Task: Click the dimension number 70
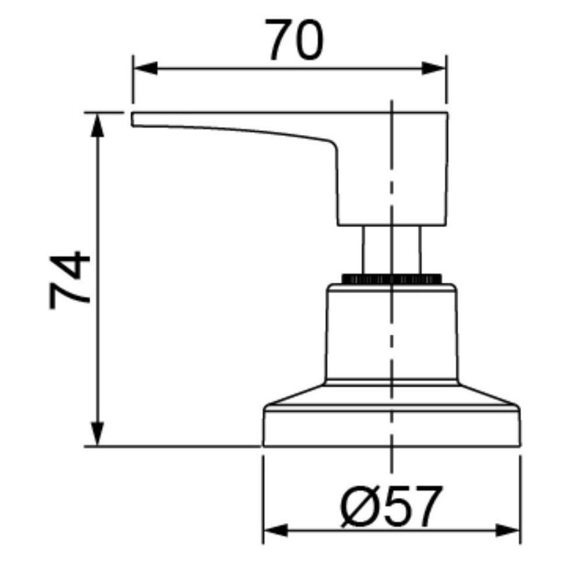coord(294,40)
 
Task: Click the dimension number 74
coord(70,280)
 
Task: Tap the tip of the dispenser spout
coord(134,118)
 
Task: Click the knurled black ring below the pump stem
coord(391,279)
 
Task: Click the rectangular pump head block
coord(392,169)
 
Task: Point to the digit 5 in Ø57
coord(394,506)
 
